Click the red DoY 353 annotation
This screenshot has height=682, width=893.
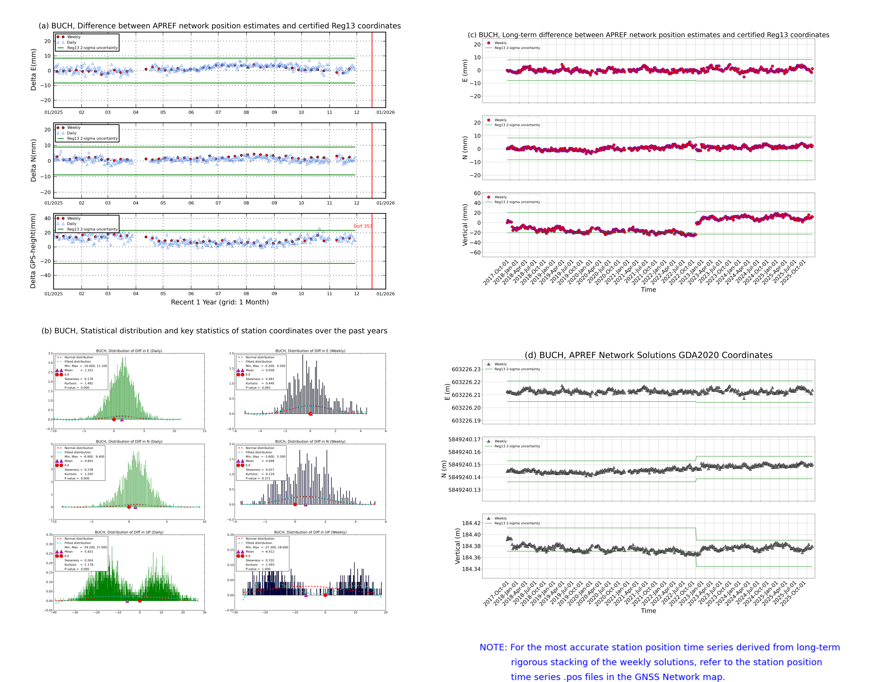pyautogui.click(x=362, y=226)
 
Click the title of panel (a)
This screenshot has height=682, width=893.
pyautogui.click(x=219, y=26)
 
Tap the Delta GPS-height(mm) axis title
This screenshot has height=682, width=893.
pyautogui.click(x=33, y=251)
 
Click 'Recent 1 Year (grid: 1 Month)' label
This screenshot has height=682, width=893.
pyautogui.click(x=219, y=302)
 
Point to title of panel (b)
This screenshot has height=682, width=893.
pyautogui.click(x=214, y=331)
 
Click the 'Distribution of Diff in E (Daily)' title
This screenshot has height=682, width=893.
pyautogui.click(x=129, y=351)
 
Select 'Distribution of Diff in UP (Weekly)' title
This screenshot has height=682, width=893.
pyautogui.click(x=310, y=532)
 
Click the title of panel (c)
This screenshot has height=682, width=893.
pyautogui.click(x=648, y=35)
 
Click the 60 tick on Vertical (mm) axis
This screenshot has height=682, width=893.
pyautogui.click(x=477, y=193)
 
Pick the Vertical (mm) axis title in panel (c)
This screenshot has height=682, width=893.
pyautogui.click(x=465, y=225)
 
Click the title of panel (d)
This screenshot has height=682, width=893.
pyautogui.click(x=648, y=355)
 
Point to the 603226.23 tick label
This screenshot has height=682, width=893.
pyautogui.click(x=466, y=369)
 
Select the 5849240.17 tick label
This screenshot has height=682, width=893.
pyautogui.click(x=464, y=439)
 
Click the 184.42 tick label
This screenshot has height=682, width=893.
pyautogui.click(x=471, y=523)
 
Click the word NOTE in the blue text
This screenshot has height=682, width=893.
pyautogui.click(x=493, y=647)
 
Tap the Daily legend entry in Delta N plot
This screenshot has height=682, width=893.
pyautogui.click(x=71, y=133)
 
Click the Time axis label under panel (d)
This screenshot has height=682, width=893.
pyautogui.click(x=648, y=611)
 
